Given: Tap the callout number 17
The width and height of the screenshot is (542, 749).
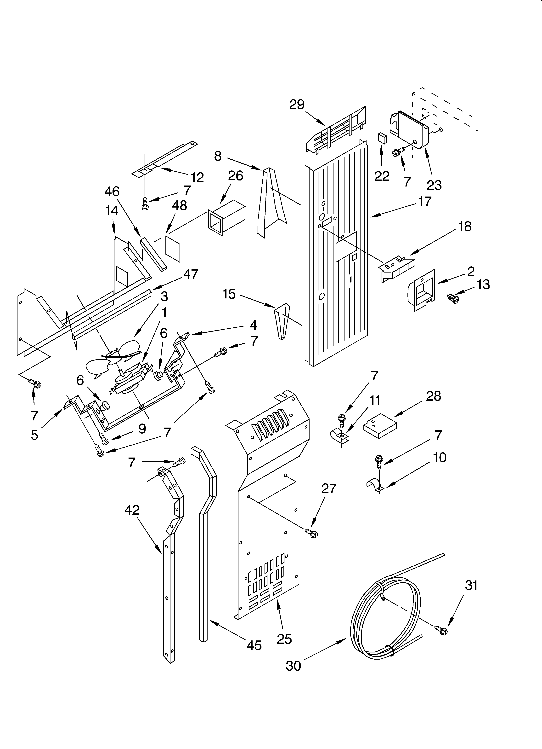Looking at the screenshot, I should coord(425,201).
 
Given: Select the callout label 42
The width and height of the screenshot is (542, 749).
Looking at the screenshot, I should coord(132,510).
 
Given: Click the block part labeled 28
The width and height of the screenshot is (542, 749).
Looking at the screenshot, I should coord(380,426).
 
